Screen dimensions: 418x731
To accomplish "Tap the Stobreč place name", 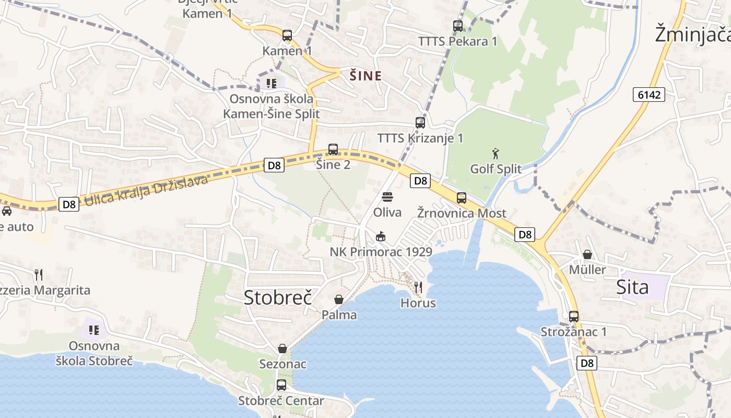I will pyautogui.click(x=278, y=297).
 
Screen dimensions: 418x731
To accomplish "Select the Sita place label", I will pyautogui.click(x=632, y=287).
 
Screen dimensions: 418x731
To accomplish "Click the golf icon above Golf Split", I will pyautogui.click(x=496, y=154).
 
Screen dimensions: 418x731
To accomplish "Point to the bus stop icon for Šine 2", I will pyautogui.click(x=333, y=149).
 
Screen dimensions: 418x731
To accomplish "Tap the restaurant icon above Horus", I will pyautogui.click(x=418, y=287).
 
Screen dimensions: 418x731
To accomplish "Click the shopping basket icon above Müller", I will pyautogui.click(x=587, y=254).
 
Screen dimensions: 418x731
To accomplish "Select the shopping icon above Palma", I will pyautogui.click(x=339, y=299).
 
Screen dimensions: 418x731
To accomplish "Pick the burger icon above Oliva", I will pyautogui.click(x=387, y=197).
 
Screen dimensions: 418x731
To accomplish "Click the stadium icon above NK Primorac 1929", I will pyautogui.click(x=381, y=237).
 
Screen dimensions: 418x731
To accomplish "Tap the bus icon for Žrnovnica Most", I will pyautogui.click(x=462, y=198).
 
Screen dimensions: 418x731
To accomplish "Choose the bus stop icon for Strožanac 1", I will pyautogui.click(x=574, y=317).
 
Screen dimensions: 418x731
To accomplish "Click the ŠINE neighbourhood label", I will pyautogui.click(x=365, y=76).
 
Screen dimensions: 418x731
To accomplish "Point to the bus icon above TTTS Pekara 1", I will pyautogui.click(x=458, y=26).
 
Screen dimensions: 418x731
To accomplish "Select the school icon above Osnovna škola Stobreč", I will pyautogui.click(x=94, y=330).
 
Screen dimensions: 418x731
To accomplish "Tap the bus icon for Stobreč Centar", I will pyautogui.click(x=281, y=385).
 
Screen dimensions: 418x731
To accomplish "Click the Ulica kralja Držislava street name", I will pyautogui.click(x=146, y=191).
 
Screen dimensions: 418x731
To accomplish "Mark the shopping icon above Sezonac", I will pyautogui.click(x=282, y=349).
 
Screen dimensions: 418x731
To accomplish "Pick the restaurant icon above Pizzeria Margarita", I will pyautogui.click(x=38, y=275).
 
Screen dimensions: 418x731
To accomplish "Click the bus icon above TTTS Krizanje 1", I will pyautogui.click(x=420, y=123).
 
